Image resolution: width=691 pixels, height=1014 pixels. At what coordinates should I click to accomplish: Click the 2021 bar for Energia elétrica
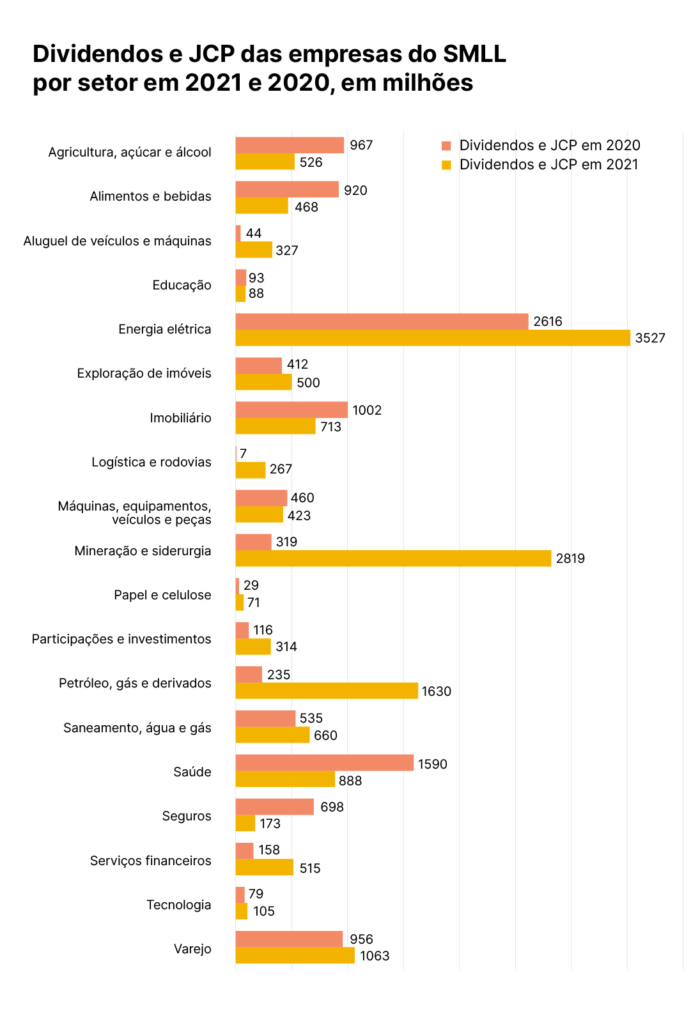433,338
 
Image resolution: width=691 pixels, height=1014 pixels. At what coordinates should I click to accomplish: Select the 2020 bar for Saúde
325,763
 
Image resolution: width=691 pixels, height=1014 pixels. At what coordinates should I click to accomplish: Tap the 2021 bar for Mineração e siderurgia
393,558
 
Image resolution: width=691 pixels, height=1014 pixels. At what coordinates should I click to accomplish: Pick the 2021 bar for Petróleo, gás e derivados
327,691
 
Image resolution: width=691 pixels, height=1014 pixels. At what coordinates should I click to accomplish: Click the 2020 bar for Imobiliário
291,410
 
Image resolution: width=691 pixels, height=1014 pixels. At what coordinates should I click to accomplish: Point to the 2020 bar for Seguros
275,807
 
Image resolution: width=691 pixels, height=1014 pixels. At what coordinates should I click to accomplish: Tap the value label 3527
650,338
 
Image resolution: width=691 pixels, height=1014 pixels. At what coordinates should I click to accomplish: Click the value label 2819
570,558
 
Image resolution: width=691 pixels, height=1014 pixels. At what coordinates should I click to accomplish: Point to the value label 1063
375,956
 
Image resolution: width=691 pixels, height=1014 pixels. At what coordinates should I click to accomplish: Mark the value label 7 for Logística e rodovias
243,454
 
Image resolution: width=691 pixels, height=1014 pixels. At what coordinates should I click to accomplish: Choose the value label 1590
433,764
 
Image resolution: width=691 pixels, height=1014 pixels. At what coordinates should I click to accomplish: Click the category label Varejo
192,949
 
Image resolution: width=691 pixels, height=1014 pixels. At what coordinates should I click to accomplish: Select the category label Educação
182,285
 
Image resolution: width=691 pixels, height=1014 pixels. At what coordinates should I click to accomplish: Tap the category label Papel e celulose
162,595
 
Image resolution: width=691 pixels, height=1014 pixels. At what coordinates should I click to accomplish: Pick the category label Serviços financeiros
150,861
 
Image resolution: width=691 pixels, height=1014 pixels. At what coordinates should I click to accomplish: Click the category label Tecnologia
178,905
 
